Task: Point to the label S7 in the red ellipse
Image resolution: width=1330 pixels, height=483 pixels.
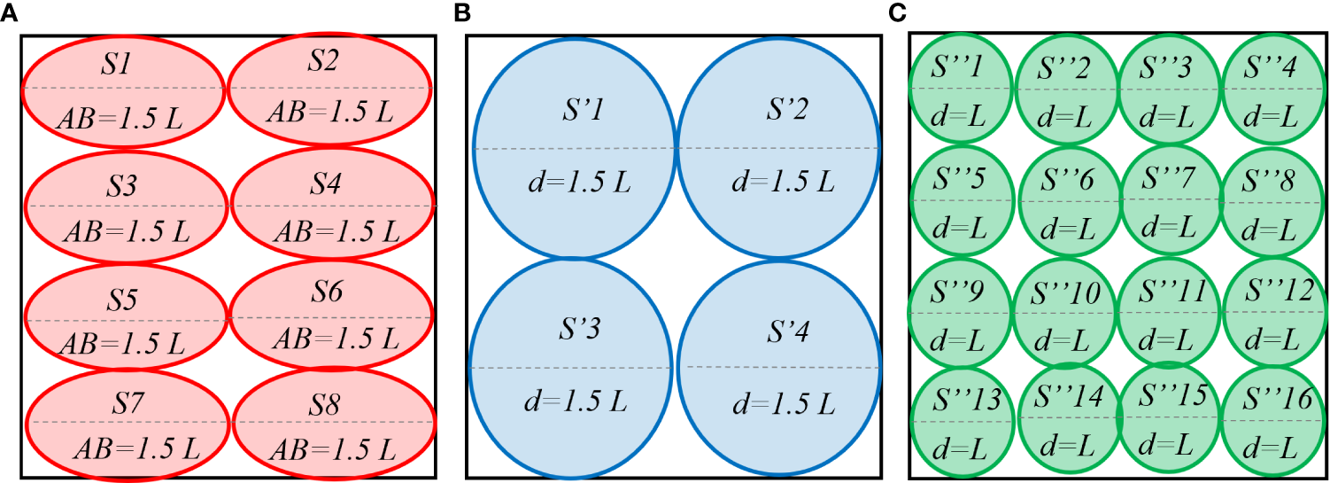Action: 131,405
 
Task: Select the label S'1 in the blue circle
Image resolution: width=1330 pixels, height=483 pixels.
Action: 575,113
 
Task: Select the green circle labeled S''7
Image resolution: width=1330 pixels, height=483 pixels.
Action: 1169,201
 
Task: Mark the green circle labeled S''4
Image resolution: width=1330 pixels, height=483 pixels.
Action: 1276,89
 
